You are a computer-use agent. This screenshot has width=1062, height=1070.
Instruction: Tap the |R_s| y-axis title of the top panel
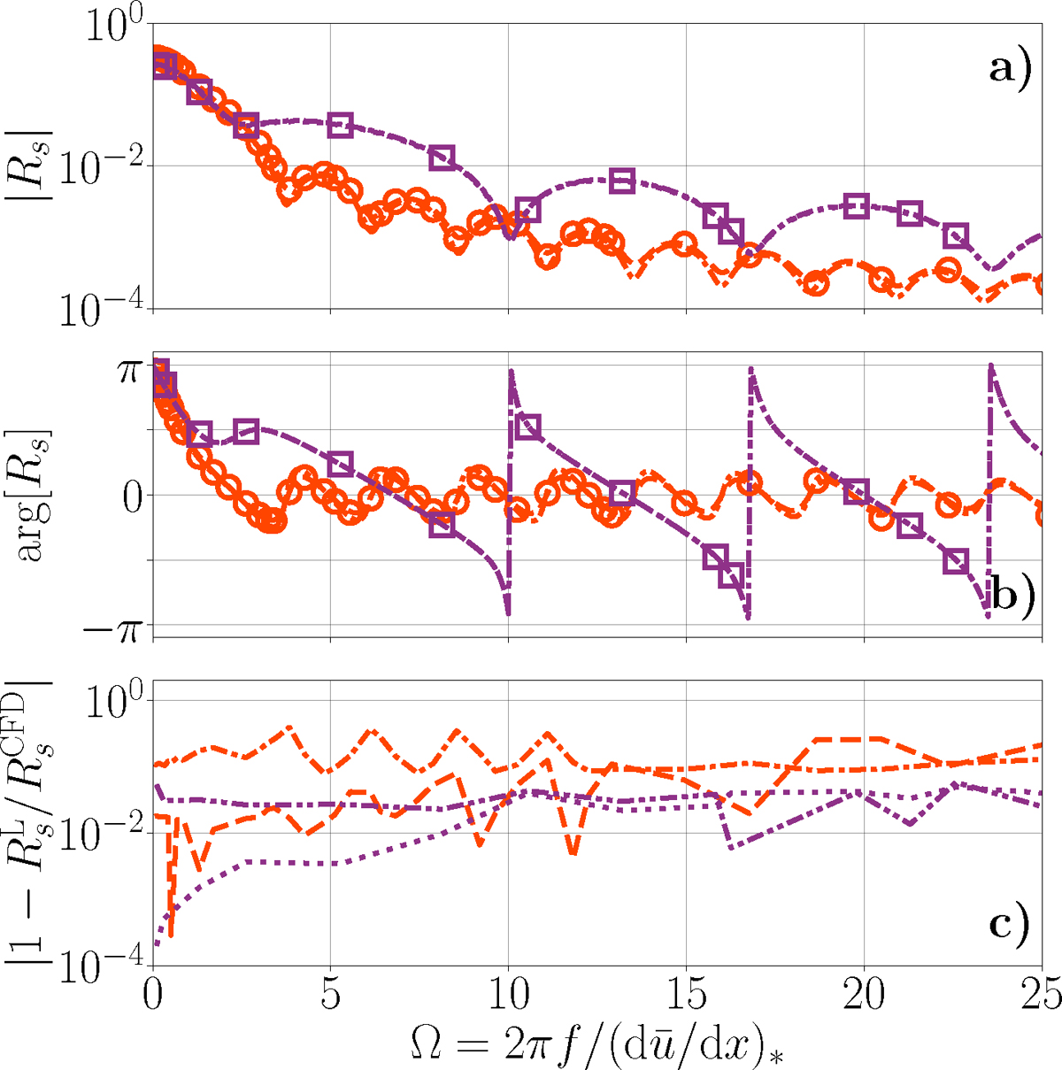click(x=35, y=166)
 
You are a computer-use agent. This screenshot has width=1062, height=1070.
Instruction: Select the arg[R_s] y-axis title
click(x=35, y=496)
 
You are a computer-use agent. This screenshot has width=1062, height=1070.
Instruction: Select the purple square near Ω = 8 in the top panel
click(x=442, y=158)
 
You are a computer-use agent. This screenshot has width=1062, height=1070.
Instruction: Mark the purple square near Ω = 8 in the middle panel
click(x=442, y=525)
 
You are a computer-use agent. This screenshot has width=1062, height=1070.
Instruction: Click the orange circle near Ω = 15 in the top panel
click(x=683, y=242)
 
